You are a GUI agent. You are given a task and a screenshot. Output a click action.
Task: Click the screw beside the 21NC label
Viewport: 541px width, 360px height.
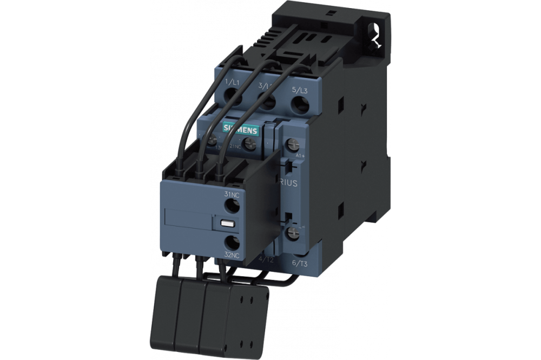coord(249,144)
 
